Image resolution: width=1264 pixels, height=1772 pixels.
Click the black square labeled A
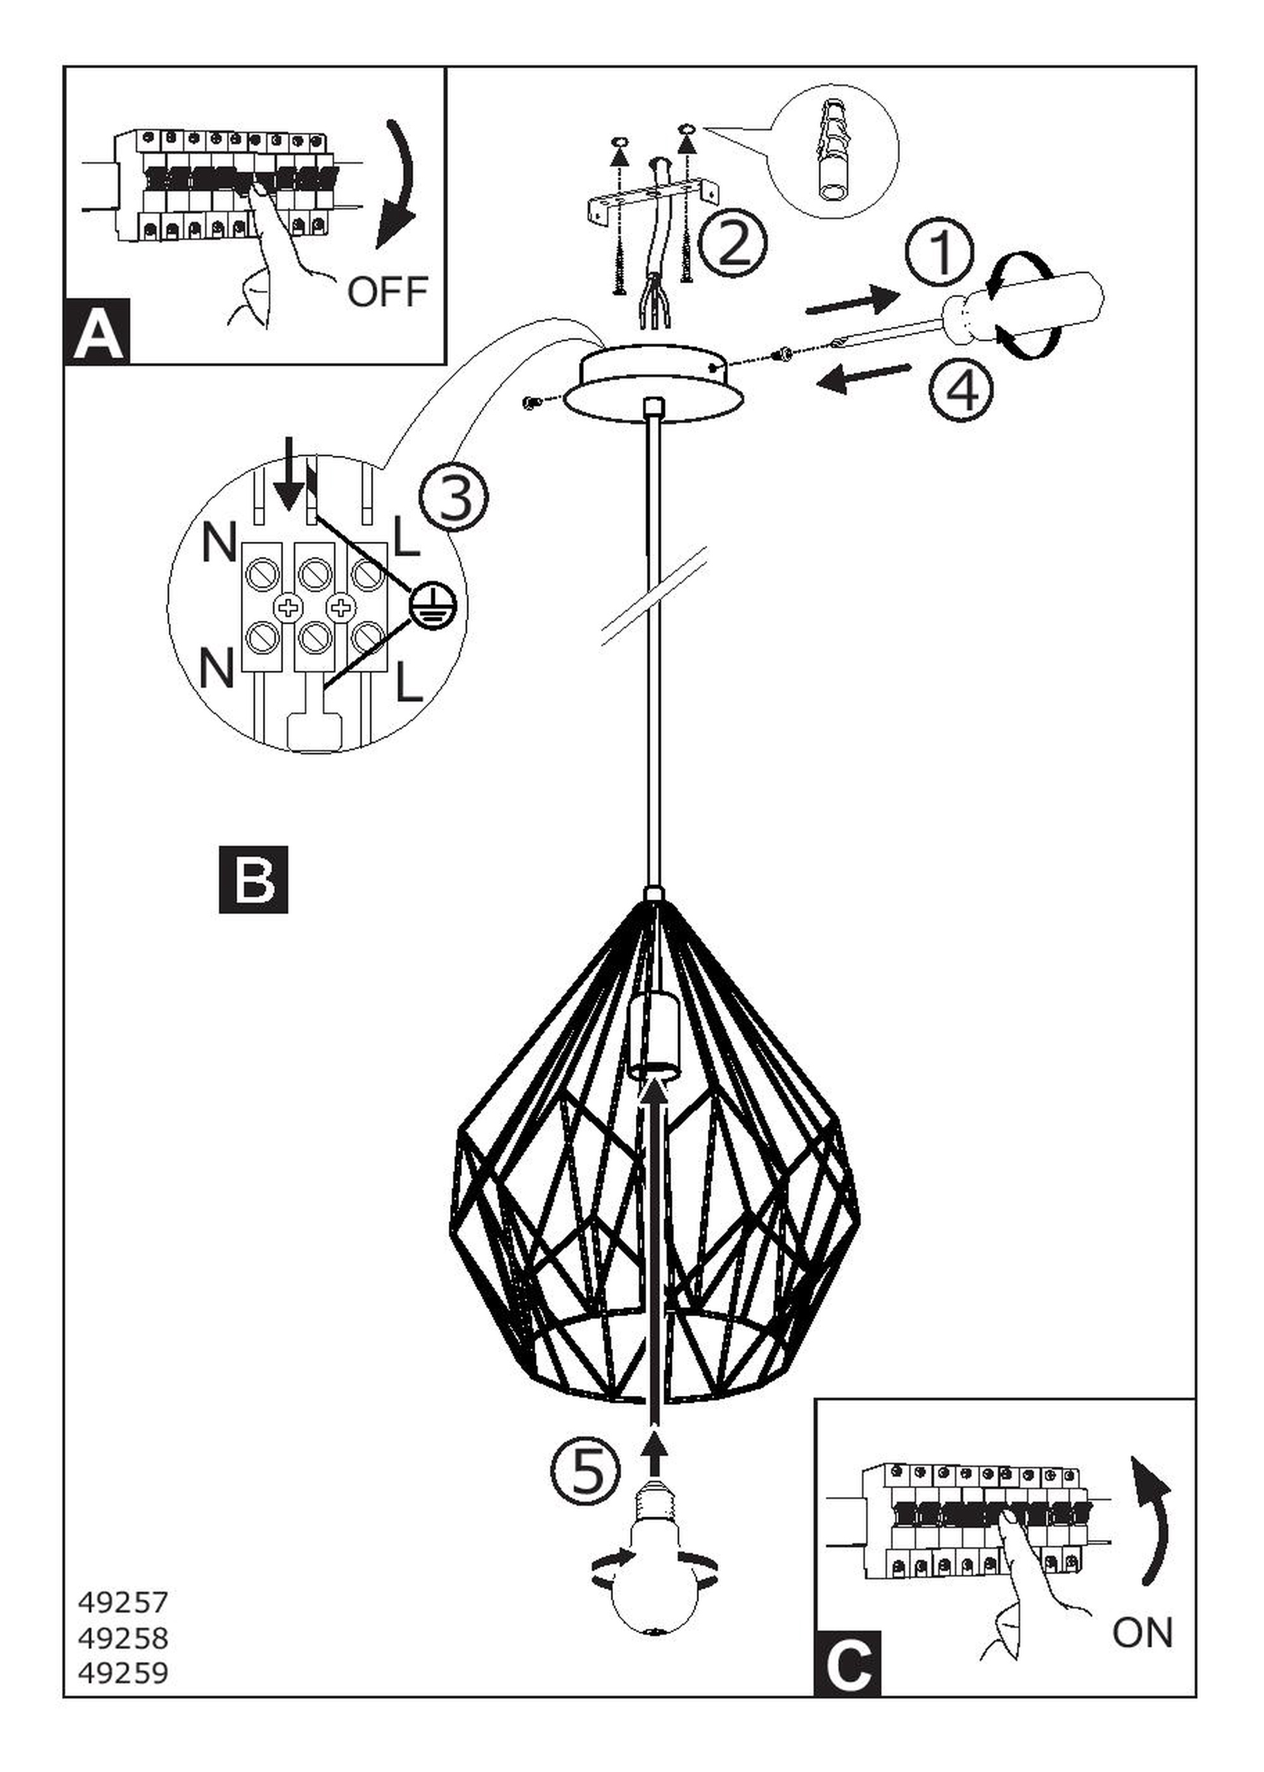coord(99,334)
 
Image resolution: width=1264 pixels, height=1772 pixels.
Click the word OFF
coord(387,291)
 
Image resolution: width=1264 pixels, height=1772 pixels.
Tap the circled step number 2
coord(732,243)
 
